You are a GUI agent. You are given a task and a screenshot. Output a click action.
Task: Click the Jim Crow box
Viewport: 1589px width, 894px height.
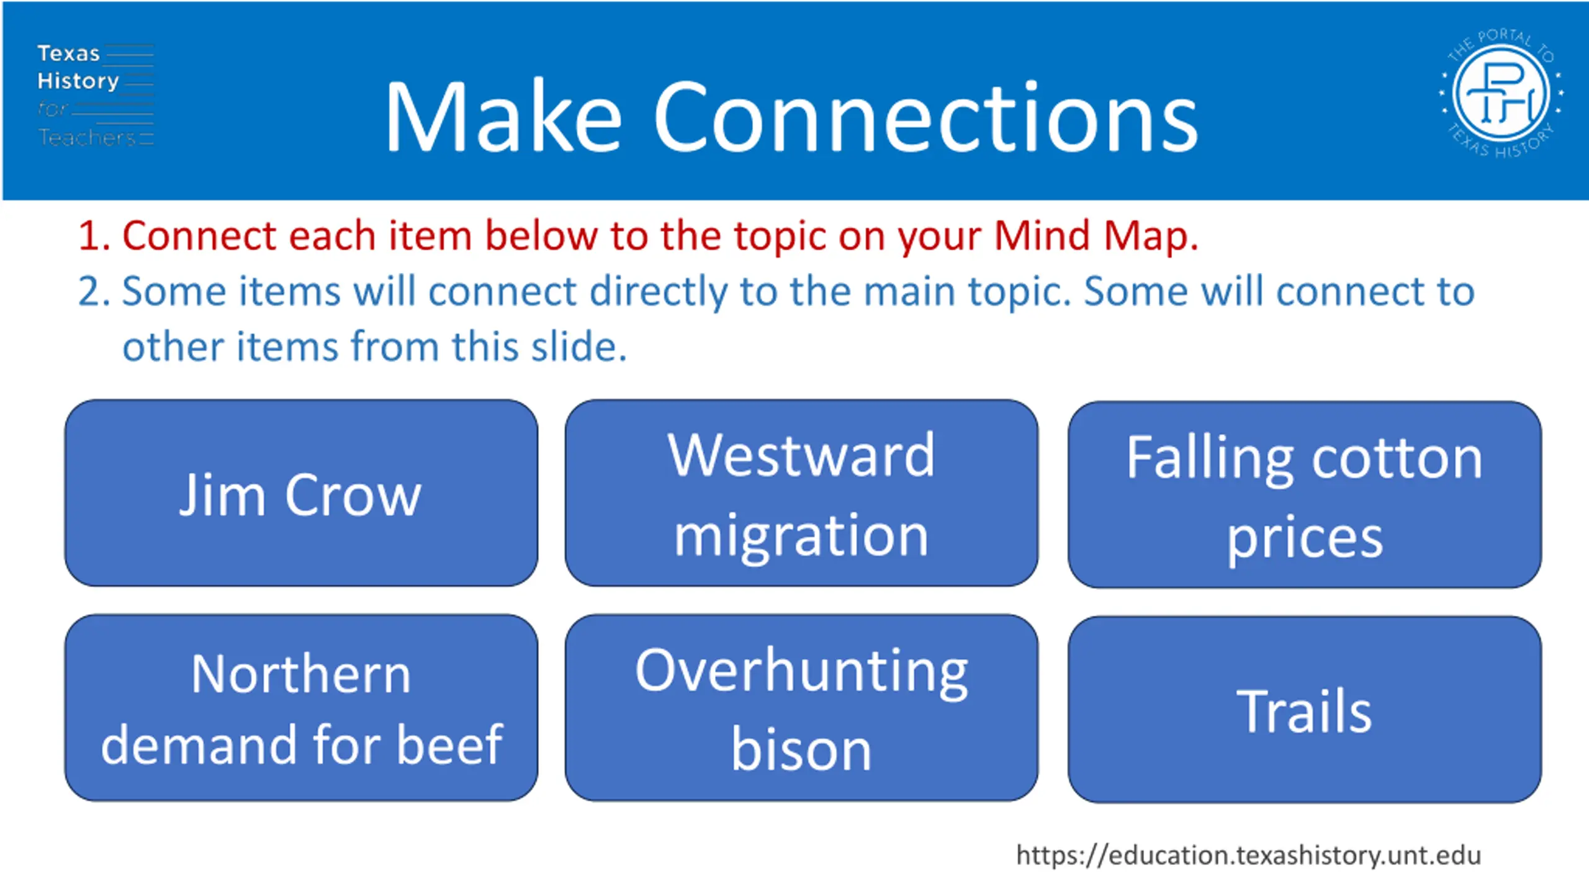[301, 493]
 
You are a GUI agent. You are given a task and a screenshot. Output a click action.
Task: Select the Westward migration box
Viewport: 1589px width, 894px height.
[801, 493]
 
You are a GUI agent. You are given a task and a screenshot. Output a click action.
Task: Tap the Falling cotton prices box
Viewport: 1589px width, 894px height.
[1304, 495]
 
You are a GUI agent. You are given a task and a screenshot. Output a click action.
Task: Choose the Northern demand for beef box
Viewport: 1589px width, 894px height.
[301, 708]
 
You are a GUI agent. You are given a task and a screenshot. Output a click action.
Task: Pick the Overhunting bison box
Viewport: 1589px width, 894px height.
[801, 708]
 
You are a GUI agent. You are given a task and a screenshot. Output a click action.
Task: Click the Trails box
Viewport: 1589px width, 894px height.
[1304, 710]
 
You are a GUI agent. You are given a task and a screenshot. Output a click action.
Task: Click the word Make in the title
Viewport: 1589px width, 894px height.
[503, 117]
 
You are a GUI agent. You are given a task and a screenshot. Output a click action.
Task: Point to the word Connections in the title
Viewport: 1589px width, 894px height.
[925, 117]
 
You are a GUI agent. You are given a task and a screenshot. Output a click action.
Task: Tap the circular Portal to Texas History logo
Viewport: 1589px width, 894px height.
[1501, 93]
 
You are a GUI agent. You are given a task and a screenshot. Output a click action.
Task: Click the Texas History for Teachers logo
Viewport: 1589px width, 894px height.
[95, 95]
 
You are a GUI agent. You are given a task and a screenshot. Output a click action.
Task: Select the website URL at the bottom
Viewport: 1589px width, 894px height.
[1248, 856]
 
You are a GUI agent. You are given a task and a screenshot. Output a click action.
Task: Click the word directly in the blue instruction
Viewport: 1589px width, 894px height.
[659, 292]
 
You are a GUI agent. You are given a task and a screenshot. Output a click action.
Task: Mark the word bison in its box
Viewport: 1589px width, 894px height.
[801, 750]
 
